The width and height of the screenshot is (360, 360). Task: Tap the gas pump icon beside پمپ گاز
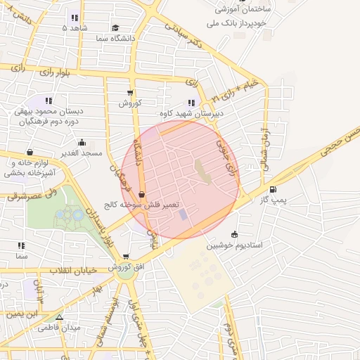tap(273, 188)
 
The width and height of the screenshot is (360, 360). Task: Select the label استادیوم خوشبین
tap(234, 245)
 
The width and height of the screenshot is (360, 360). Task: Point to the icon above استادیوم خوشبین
tap(234, 234)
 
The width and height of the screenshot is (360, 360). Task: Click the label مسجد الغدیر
tap(82, 153)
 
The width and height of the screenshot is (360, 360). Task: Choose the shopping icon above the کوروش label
tap(130, 93)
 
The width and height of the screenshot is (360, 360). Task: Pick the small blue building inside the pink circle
tap(184, 214)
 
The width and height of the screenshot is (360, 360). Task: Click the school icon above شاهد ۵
tap(75, 18)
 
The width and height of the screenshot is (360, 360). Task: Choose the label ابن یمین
tap(20, 314)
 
